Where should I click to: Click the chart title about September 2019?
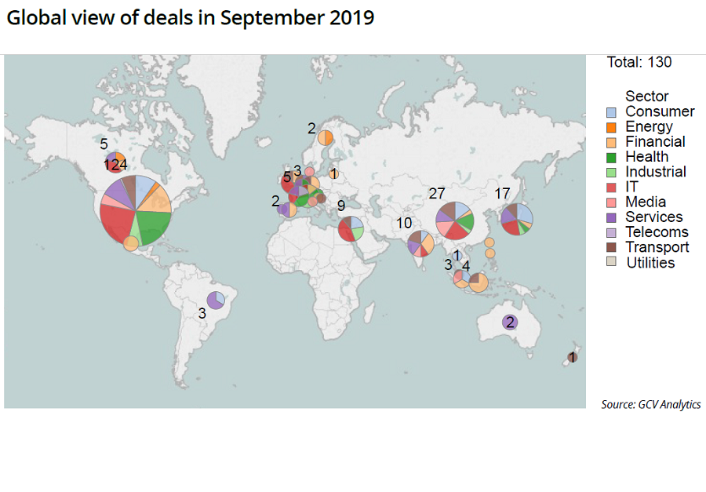pyautogui.click(x=191, y=17)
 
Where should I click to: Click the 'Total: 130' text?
pyautogui.click(x=639, y=63)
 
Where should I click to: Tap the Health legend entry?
pyautogui.click(x=646, y=157)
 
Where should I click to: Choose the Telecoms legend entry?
pyautogui.click(x=657, y=232)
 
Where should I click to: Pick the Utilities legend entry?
pyautogui.click(x=650, y=263)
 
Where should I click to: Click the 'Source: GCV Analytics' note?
pyautogui.click(x=650, y=405)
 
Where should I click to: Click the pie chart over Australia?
pyautogui.click(x=510, y=323)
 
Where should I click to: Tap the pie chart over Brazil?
pyautogui.click(x=216, y=300)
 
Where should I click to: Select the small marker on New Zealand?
pyautogui.click(x=572, y=358)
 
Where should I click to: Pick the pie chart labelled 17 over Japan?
pyautogui.click(x=517, y=219)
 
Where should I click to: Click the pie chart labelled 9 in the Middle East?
pyautogui.click(x=351, y=229)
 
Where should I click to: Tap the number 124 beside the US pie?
pyautogui.click(x=115, y=165)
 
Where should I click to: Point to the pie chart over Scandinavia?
pyautogui.click(x=325, y=138)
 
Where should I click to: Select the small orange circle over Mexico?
pyautogui.click(x=131, y=243)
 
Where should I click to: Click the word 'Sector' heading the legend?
pyautogui.click(x=646, y=97)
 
